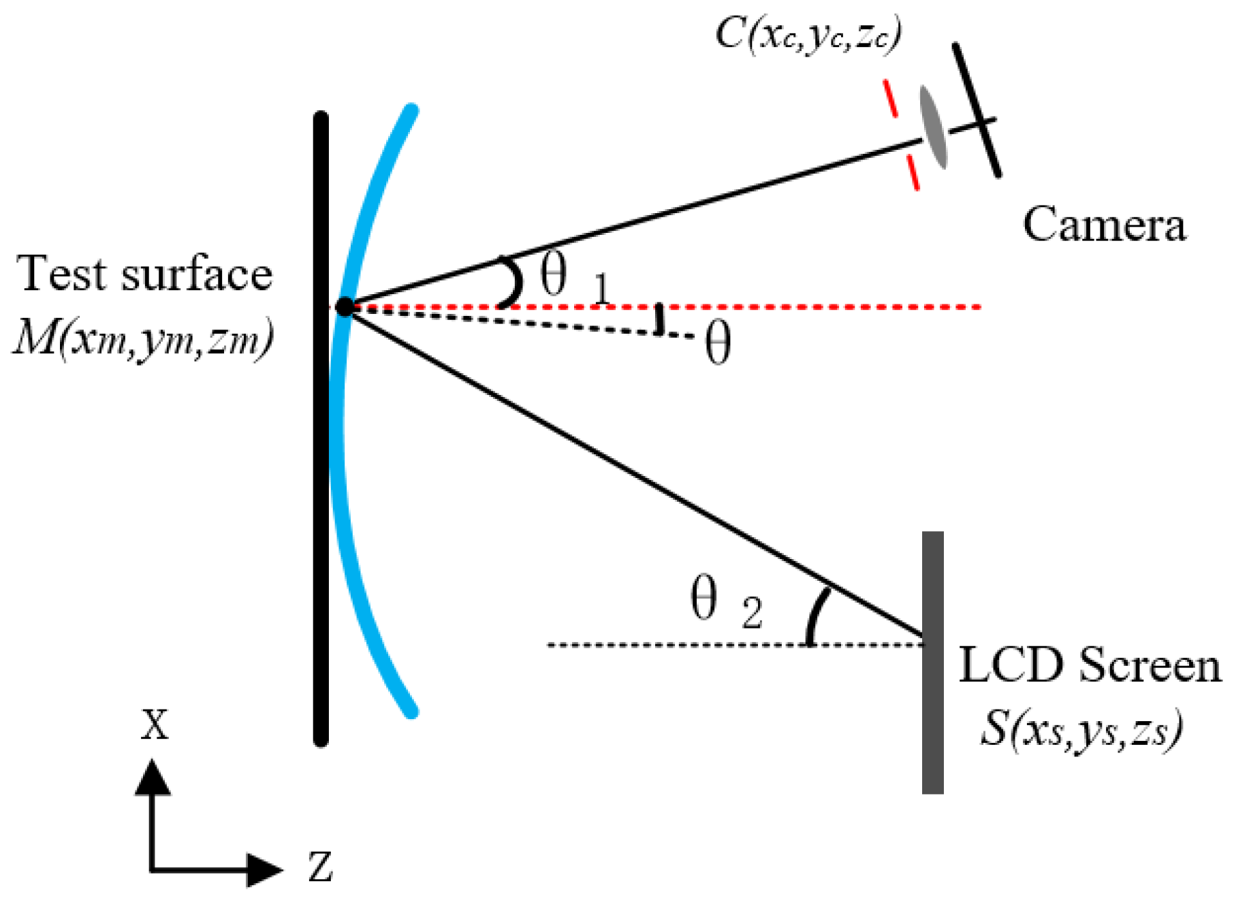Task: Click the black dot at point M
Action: click(345, 307)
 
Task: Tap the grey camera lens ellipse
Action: click(933, 127)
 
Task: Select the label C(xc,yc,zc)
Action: click(808, 33)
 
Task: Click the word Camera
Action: click(1104, 225)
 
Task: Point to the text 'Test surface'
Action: click(144, 274)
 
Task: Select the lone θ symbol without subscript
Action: click(718, 344)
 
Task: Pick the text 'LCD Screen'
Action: click(1090, 665)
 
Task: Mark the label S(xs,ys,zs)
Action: click(1081, 731)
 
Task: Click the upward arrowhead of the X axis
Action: click(152, 778)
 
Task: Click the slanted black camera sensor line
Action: click(977, 109)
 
